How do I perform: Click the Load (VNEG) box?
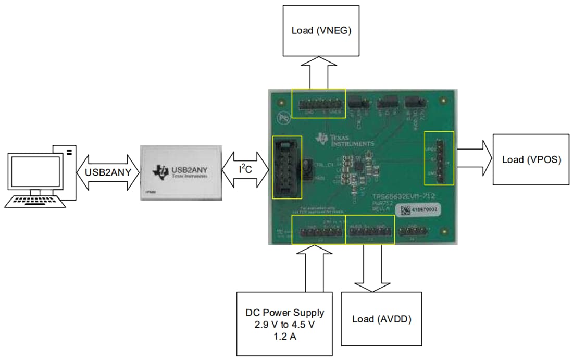[x=321, y=30]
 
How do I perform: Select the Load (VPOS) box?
[x=531, y=159]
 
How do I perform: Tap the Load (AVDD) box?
[x=382, y=319]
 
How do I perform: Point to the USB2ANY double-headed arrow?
[x=107, y=169]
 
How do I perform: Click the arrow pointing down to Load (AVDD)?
[x=372, y=268]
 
